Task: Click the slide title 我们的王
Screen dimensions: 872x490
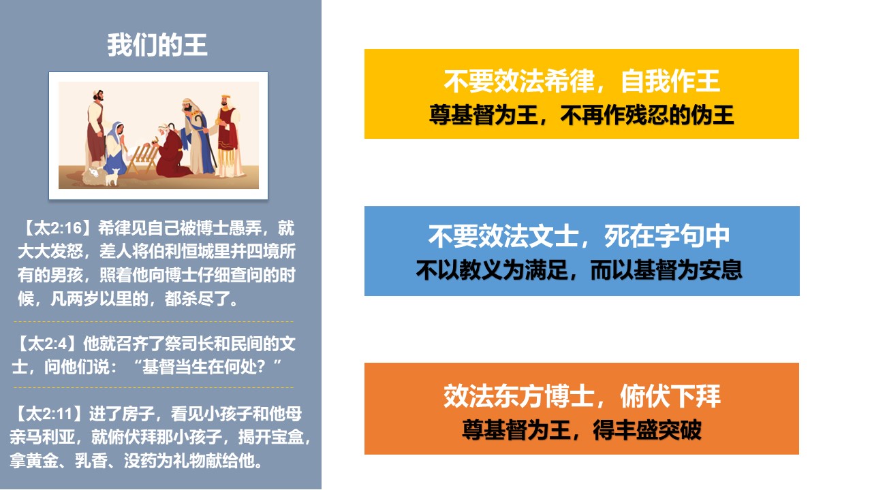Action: tap(157, 45)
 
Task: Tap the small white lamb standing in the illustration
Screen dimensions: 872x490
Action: tap(112, 176)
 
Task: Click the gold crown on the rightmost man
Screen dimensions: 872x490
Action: tap(225, 97)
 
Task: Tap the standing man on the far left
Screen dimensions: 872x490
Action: tap(96, 129)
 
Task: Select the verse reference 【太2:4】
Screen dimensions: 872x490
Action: tap(46, 344)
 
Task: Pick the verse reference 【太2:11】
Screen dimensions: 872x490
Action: tap(48, 414)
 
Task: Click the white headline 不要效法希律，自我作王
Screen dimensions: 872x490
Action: tap(582, 81)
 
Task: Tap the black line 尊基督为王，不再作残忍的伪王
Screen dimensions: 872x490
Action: tap(582, 115)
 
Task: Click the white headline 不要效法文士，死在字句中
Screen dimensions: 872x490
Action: tap(578, 236)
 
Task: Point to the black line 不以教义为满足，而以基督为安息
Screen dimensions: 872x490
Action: tap(579, 270)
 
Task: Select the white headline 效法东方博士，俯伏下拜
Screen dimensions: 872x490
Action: tap(582, 396)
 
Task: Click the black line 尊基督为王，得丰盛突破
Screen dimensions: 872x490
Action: tap(582, 429)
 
